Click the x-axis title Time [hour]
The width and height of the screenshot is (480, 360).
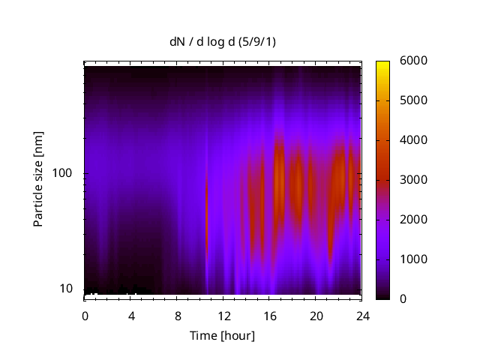click(221, 335)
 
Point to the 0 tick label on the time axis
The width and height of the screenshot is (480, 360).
click(85, 316)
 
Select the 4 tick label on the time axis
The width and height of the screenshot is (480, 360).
click(131, 316)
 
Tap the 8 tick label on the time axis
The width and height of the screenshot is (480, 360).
click(178, 316)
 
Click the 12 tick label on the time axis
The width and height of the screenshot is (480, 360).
click(223, 316)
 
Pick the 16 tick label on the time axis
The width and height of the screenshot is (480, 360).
click(270, 316)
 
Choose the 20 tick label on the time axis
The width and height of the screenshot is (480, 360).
click(316, 316)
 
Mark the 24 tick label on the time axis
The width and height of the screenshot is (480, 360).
click(362, 316)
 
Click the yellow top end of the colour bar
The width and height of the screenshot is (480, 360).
click(382, 63)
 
